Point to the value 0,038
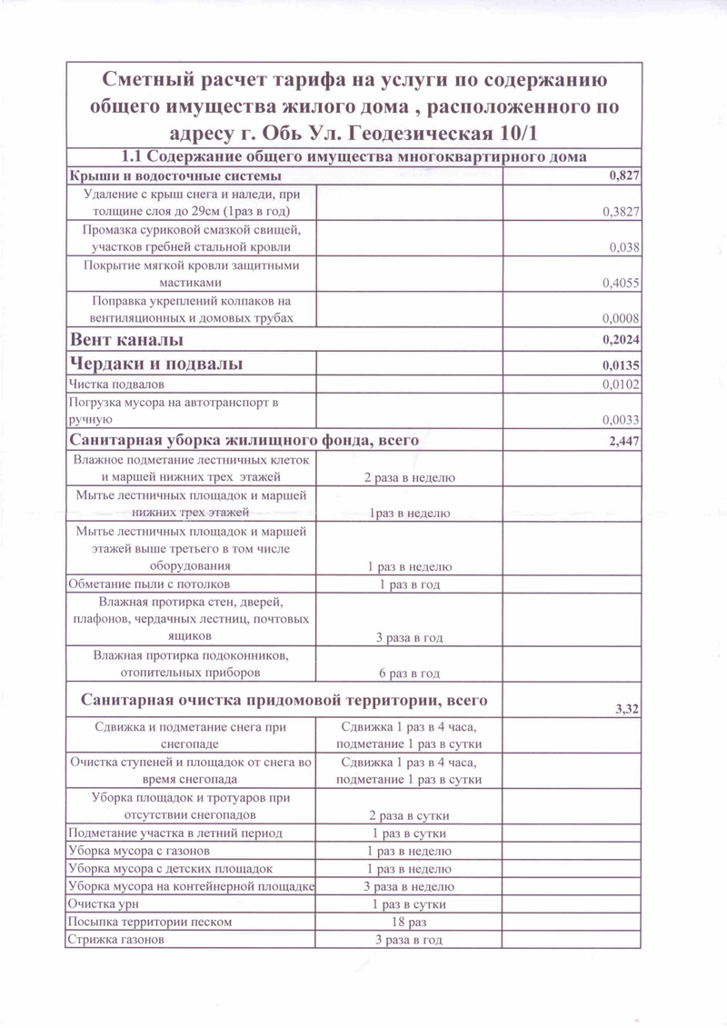(x=625, y=247)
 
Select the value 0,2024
(x=622, y=341)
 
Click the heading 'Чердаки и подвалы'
(x=156, y=364)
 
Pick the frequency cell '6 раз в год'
(x=409, y=674)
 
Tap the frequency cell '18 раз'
(x=409, y=922)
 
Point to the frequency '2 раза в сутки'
(x=409, y=814)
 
